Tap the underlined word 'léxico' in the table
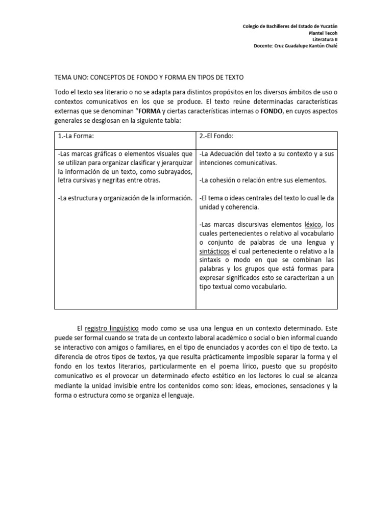[x=313, y=224]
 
